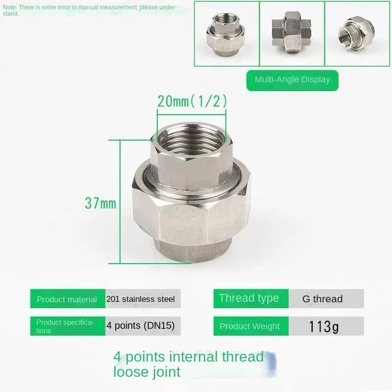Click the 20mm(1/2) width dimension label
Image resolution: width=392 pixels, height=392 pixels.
click(192, 101)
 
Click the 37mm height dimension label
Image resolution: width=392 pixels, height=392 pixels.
click(100, 202)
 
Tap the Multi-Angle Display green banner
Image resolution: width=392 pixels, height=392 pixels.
click(293, 79)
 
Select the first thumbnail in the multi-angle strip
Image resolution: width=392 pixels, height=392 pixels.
click(226, 33)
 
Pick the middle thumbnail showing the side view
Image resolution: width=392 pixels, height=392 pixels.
click(292, 33)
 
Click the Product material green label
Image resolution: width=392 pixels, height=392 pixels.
click(67, 299)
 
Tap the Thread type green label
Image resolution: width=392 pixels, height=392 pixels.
click(248, 298)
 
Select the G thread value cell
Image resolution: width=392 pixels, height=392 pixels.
click(322, 298)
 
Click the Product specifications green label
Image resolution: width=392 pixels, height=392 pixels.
click(67, 326)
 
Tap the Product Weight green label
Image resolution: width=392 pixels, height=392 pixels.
click(249, 326)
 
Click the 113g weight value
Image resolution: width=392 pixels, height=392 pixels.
click(323, 326)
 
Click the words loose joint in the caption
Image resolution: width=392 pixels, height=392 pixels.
click(147, 372)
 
